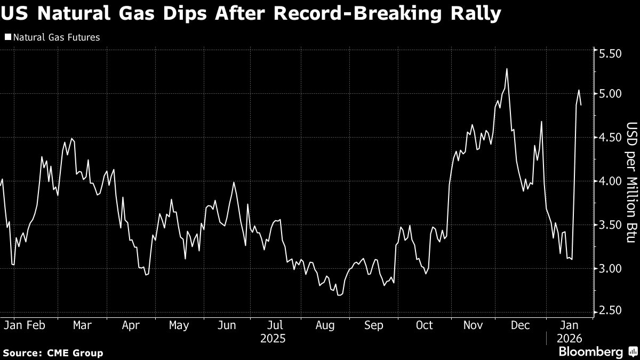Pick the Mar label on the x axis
coord(82,325)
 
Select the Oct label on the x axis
coord(425,325)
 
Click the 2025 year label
coord(273,339)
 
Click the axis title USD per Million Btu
coord(631,181)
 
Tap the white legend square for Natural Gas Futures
coord(7,38)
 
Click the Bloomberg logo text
coord(590,352)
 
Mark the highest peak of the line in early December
coord(506,69)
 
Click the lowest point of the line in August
coord(339,294)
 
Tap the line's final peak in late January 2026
coord(579,90)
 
